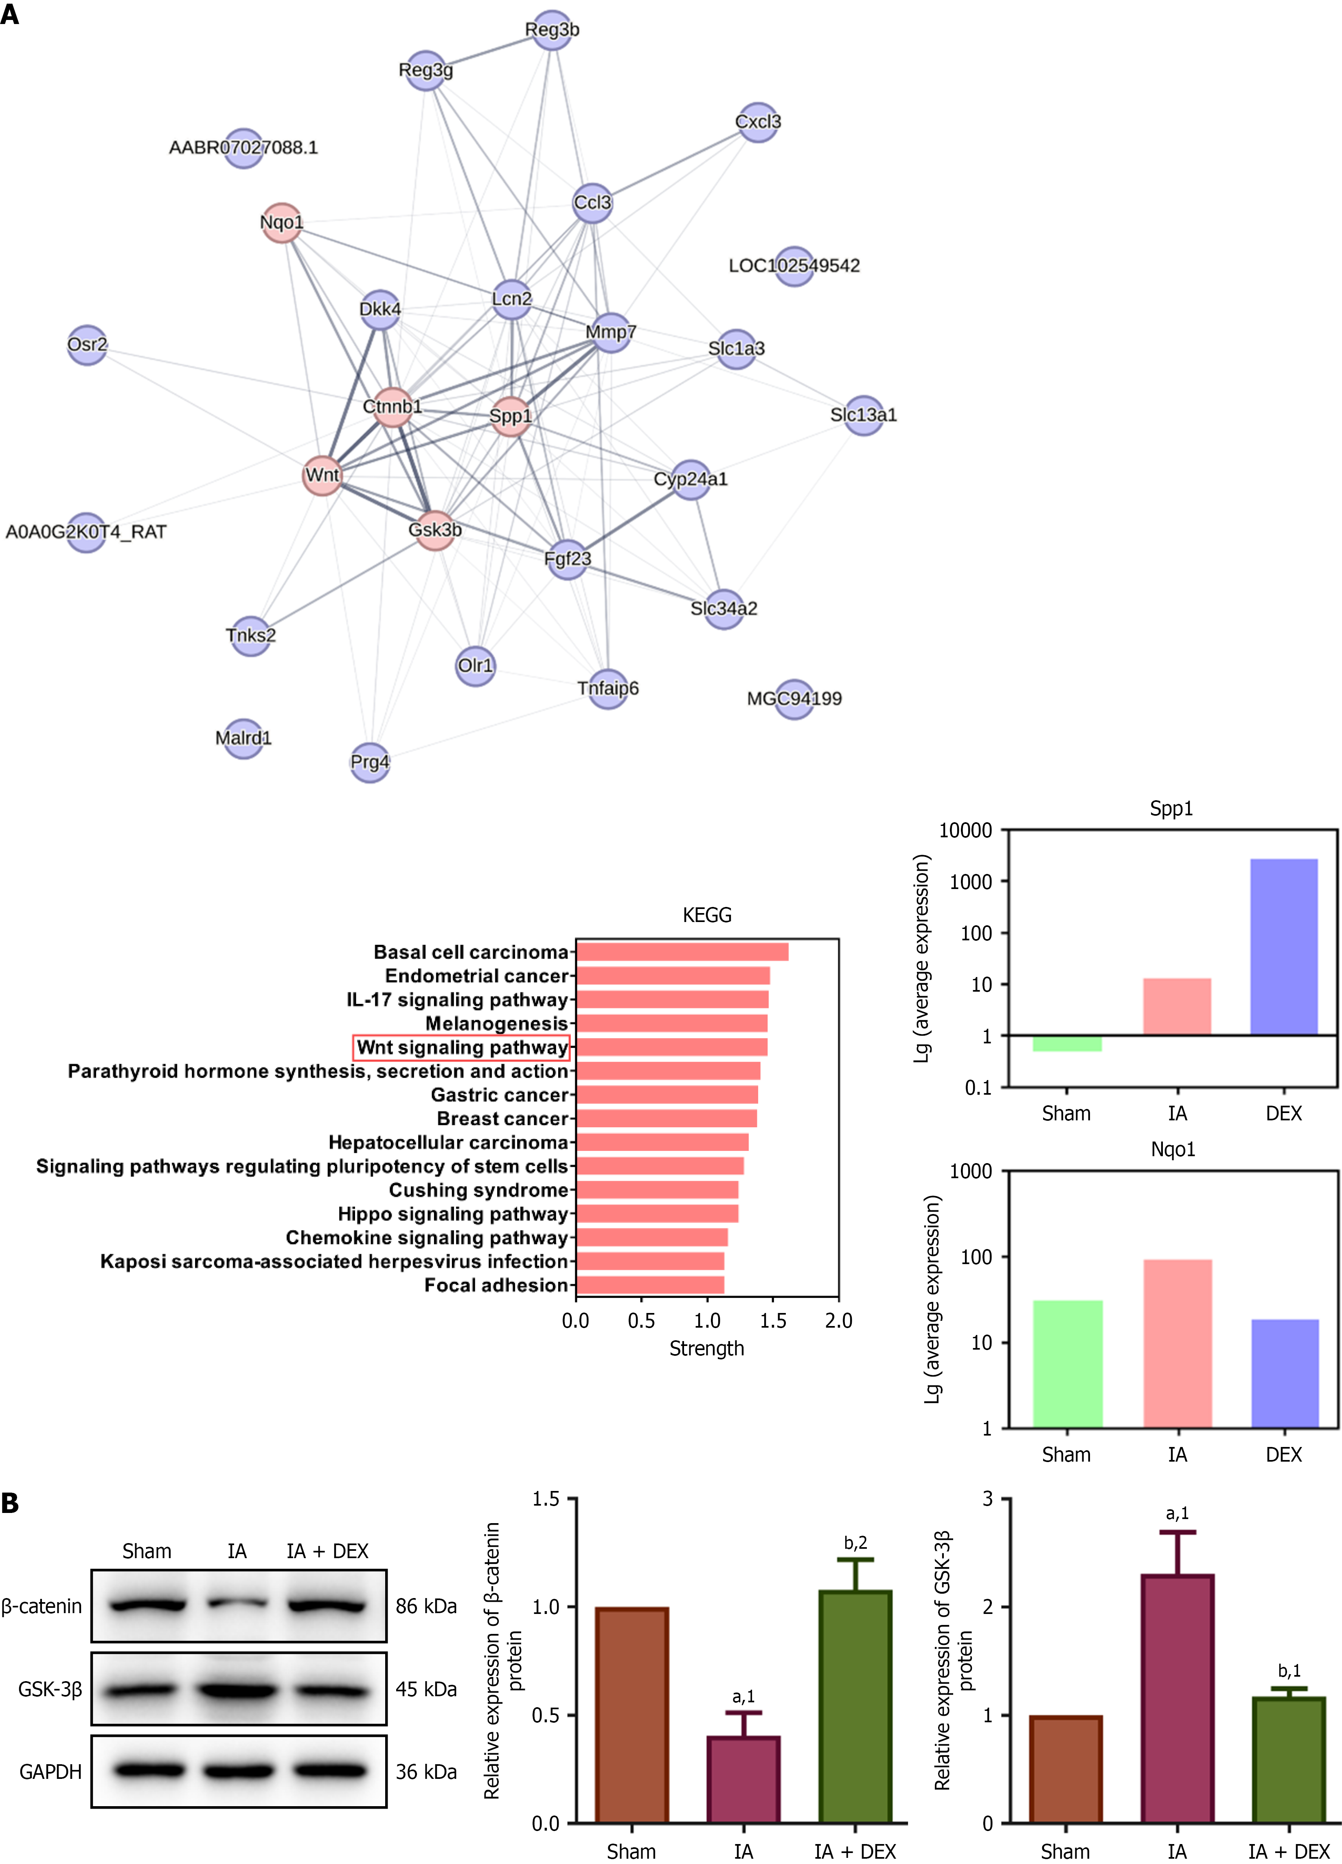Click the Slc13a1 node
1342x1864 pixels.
863,415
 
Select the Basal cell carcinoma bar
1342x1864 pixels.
682,952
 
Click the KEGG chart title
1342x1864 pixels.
707,915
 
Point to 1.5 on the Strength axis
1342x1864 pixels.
772,1321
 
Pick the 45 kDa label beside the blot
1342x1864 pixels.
426,1689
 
